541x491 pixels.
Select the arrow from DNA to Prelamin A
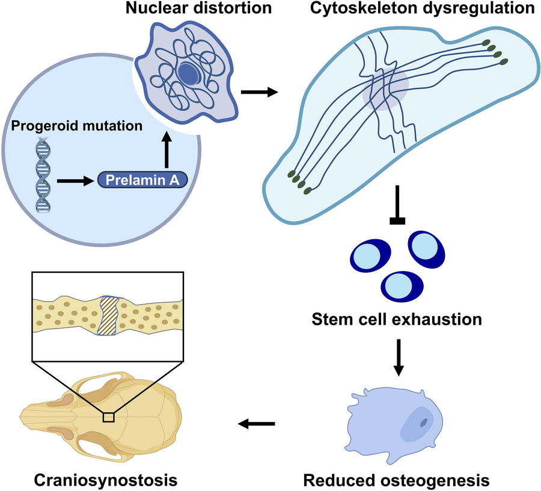tap(75, 179)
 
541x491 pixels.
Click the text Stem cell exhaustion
tap(397, 319)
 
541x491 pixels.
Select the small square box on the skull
tap(108, 416)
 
